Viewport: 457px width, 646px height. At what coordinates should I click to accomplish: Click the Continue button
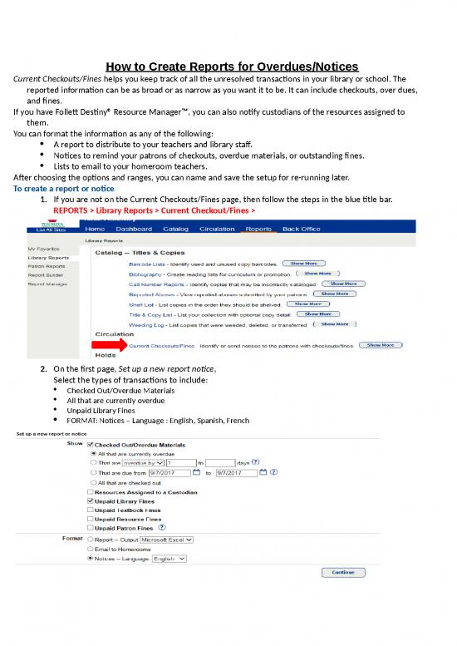[342, 572]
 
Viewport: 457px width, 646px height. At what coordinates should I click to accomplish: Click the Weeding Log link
[145, 327]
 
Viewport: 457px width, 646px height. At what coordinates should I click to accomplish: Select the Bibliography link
[150, 274]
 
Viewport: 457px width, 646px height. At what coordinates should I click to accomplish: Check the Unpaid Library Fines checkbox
[91, 502]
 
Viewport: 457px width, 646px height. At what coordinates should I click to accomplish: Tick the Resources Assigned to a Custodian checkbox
[91, 492]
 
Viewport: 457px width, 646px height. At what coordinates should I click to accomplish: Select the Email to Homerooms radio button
[91, 549]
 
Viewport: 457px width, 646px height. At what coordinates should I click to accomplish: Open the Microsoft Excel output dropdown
[166, 539]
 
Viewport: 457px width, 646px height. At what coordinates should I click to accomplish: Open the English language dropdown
[170, 560]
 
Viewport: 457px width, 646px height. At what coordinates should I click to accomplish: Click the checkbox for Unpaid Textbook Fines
[91, 511]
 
